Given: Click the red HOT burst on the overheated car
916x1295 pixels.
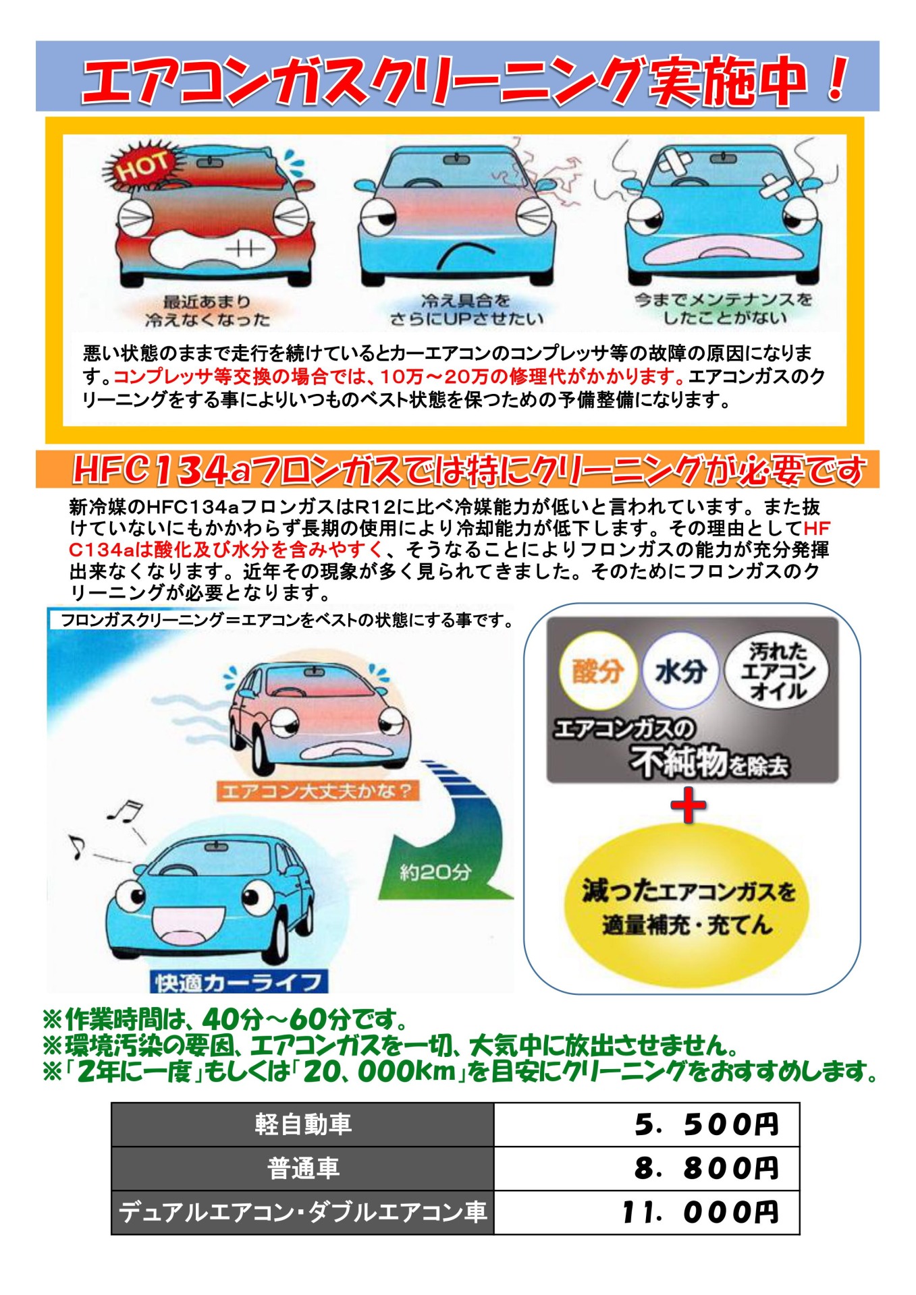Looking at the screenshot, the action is (141, 166).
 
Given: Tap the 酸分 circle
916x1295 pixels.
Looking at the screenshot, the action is (597, 670).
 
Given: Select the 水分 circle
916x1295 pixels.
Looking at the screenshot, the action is (680, 670).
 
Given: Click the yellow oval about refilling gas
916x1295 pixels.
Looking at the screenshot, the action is (686, 906).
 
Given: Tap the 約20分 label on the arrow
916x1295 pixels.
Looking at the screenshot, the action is (435, 871).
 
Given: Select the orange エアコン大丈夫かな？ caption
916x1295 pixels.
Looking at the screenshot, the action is (317, 790).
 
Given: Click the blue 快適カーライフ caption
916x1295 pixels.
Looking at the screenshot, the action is (239, 982).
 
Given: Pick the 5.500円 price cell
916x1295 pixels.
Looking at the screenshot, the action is (647, 1124).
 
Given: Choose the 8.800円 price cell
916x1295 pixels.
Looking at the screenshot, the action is (647, 1168).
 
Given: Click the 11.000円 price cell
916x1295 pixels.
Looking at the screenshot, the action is (647, 1212).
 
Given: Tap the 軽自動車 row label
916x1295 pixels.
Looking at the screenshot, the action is (303, 1124).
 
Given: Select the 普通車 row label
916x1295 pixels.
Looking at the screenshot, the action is (303, 1168).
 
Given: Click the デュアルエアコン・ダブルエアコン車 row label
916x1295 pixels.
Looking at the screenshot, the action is (303, 1212).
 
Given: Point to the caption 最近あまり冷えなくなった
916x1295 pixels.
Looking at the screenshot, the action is (207, 310).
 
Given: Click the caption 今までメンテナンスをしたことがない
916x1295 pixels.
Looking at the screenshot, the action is (724, 308).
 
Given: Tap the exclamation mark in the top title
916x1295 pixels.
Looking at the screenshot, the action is (837, 78).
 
